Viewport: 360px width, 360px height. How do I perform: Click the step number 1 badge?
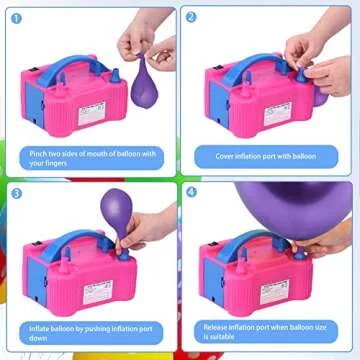(x=17, y=17)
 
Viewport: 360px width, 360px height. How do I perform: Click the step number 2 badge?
(x=192, y=17)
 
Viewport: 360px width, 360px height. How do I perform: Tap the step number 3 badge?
(x=17, y=192)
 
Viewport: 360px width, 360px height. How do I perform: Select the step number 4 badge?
(x=192, y=192)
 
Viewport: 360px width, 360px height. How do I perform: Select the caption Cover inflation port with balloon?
(x=268, y=156)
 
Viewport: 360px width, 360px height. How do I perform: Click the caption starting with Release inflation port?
(x=268, y=332)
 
